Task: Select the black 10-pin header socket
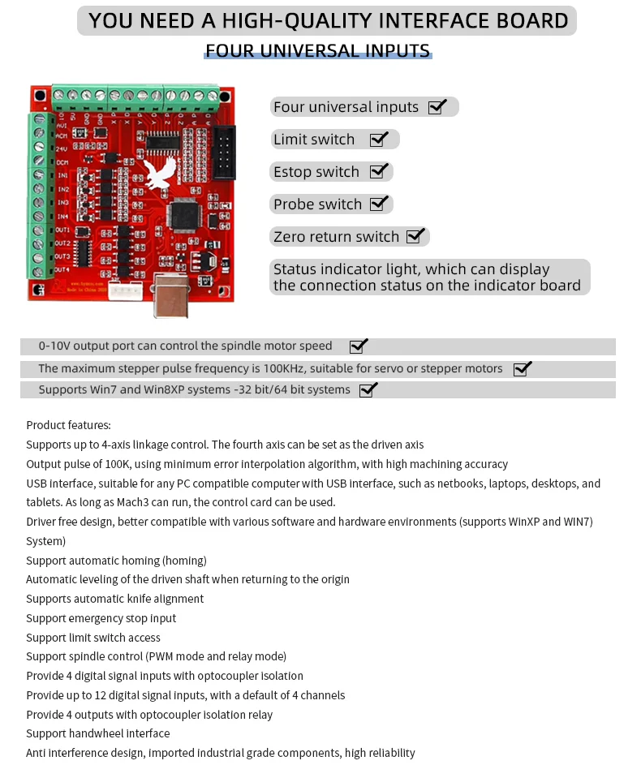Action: [223, 153]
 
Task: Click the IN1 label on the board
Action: [62, 175]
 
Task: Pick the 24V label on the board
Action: [62, 148]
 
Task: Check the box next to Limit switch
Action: [379, 140]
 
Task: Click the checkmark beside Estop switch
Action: [379, 171]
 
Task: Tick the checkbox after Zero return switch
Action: [415, 236]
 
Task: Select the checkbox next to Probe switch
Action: [379, 204]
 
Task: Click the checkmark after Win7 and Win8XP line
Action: [368, 390]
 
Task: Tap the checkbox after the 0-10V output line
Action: [359, 346]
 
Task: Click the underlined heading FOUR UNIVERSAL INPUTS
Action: [317, 51]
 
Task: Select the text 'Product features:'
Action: [68, 425]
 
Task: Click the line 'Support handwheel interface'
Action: [97, 733]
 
